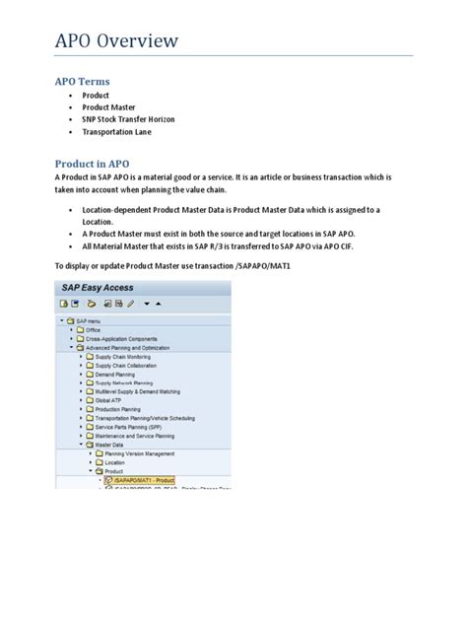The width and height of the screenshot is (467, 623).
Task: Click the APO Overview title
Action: point(116,40)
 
